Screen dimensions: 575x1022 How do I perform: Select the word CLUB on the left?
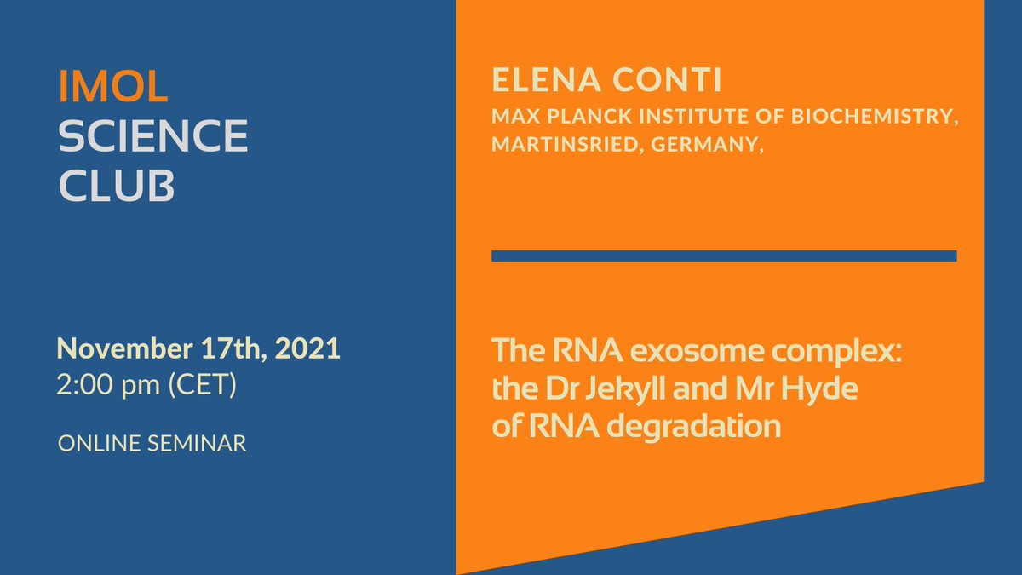(116, 186)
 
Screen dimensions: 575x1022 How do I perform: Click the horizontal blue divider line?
(724, 256)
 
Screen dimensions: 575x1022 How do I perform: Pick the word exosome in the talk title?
(680, 351)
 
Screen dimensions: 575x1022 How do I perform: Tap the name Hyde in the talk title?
(819, 389)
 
